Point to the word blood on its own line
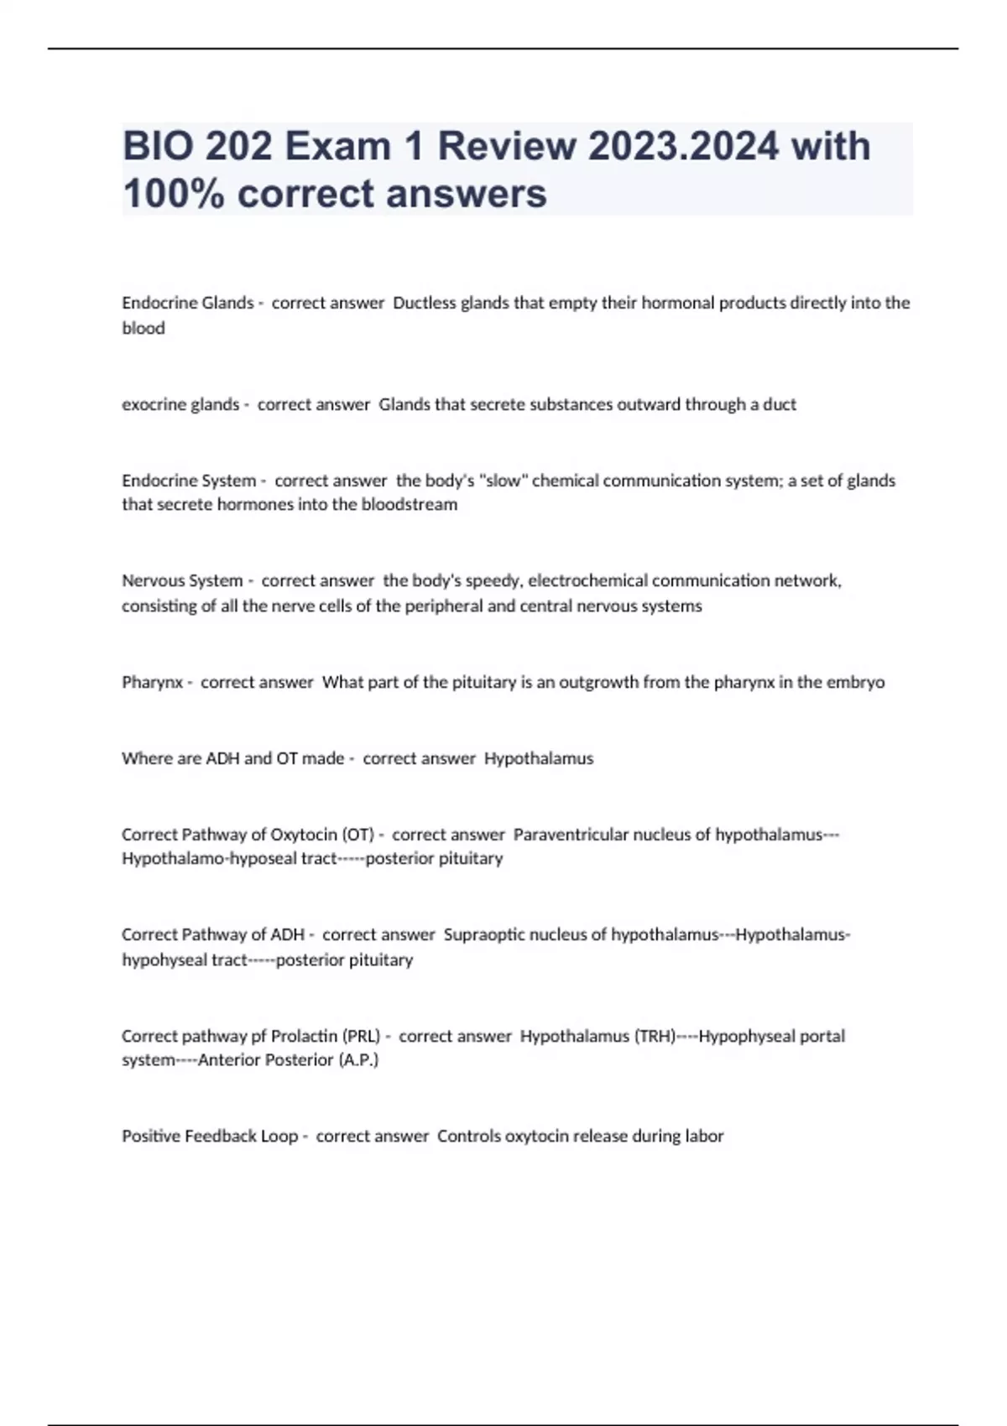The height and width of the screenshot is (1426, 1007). coord(143,328)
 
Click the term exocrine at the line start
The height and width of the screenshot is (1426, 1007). coord(154,404)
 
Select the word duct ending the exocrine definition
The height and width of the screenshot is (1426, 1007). coord(780,404)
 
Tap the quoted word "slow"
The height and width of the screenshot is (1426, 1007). coord(502,481)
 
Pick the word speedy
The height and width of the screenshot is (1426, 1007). coord(490,580)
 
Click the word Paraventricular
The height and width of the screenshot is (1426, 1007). coord(571,835)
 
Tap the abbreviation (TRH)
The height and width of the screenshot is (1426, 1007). coord(655,1036)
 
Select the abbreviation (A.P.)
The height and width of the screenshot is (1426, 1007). coord(358,1059)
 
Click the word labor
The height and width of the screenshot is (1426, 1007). coord(703,1136)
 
